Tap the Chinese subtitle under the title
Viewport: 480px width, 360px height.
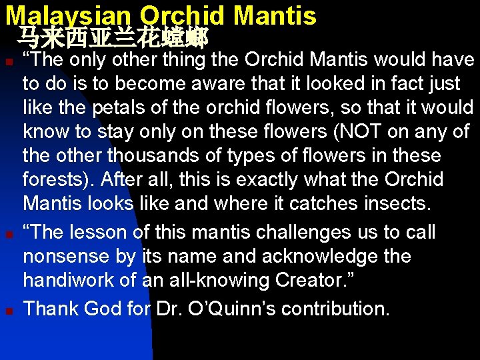[x=113, y=37]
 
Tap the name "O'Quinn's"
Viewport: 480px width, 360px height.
[x=227, y=308]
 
